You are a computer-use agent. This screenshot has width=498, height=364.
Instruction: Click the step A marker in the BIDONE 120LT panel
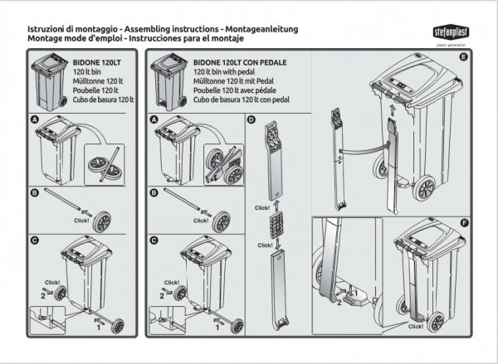[x=34, y=120]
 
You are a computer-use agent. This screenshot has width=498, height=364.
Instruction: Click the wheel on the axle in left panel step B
[x=103, y=221]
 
